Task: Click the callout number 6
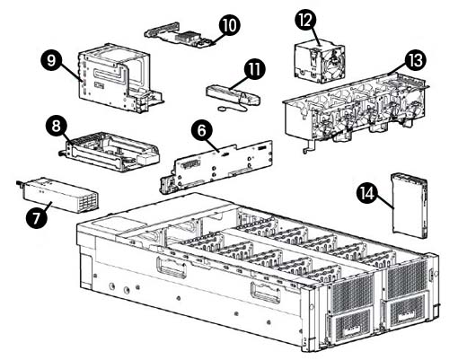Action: tap(204, 130)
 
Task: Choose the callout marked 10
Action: tap(229, 24)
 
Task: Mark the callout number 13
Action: tap(415, 60)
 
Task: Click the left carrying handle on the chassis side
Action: tap(171, 268)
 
